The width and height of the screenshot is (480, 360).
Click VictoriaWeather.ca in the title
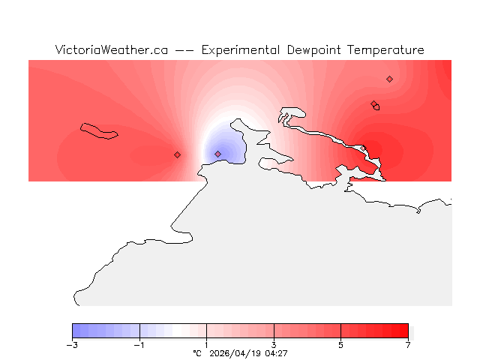(x=111, y=50)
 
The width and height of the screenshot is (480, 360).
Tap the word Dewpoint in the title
(x=316, y=50)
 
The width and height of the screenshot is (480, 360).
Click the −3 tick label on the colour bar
(x=72, y=345)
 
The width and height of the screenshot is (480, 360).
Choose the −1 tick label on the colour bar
(x=139, y=345)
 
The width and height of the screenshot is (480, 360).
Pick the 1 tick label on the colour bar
(x=206, y=345)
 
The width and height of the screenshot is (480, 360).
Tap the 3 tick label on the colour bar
(x=274, y=345)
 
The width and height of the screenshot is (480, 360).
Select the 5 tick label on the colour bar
(x=340, y=345)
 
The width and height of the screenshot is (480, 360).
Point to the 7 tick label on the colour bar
(x=408, y=345)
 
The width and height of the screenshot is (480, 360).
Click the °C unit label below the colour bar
(x=197, y=353)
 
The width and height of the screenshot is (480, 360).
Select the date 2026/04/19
(x=235, y=353)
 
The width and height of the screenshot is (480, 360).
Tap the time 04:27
(x=276, y=353)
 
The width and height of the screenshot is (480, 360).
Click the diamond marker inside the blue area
(x=217, y=154)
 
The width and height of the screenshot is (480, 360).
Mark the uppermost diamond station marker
(x=389, y=79)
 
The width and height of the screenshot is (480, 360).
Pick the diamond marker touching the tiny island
(x=373, y=104)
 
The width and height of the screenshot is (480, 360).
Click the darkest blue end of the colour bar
(x=76, y=331)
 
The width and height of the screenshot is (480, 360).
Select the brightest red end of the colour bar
(x=404, y=331)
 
